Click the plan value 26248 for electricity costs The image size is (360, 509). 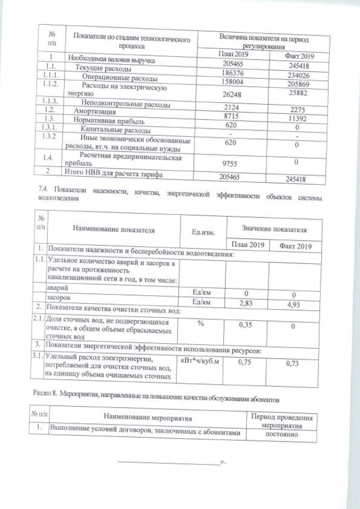coord(229,95)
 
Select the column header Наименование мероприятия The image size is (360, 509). coord(147,418)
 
